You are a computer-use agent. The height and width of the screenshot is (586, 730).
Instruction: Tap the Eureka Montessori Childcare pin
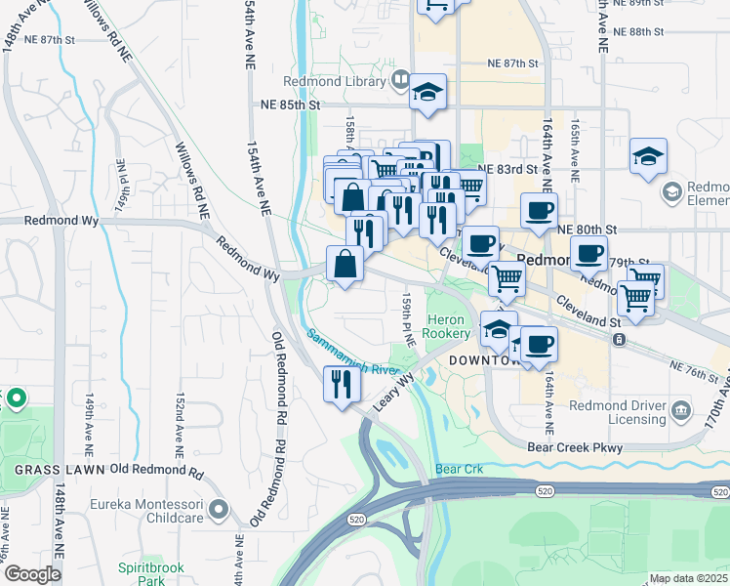(x=218, y=508)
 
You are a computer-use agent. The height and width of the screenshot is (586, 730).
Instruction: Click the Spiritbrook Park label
(x=141, y=573)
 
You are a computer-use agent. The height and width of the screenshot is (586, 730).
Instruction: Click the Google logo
(x=32, y=574)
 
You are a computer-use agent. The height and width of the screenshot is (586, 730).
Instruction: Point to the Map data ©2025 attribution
(x=688, y=578)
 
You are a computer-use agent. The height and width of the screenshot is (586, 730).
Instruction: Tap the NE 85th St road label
(x=291, y=105)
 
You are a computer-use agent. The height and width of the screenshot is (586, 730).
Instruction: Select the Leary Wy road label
(x=392, y=390)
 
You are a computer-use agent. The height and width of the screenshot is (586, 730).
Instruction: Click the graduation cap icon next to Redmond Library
(x=426, y=91)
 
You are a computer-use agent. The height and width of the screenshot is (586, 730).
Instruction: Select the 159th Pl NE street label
(x=411, y=320)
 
